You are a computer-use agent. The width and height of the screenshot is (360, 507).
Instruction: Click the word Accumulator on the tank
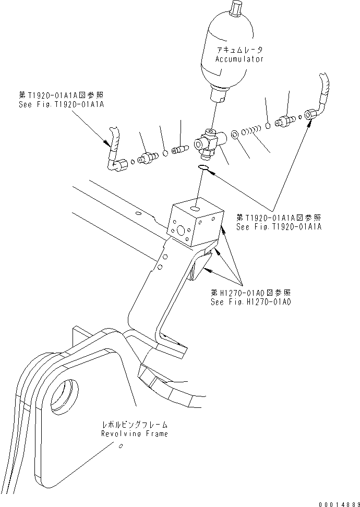(239, 59)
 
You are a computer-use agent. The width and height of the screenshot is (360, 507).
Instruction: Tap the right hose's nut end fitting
(311, 114)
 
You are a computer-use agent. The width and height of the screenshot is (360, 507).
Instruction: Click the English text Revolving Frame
(135, 434)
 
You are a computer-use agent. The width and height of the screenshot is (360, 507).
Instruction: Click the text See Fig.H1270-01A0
(250, 302)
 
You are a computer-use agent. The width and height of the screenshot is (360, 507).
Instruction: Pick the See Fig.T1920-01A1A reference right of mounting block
(279, 227)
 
